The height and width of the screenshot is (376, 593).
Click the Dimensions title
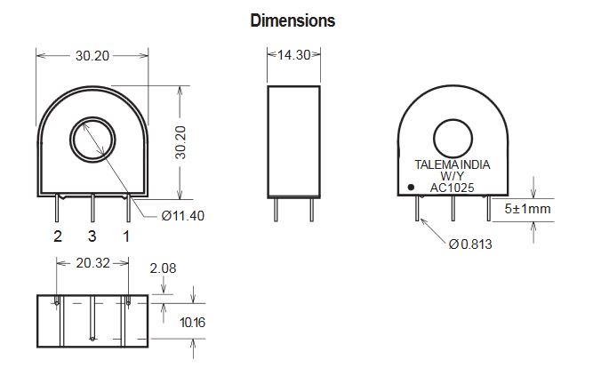click(292, 20)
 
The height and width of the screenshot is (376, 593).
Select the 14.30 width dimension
click(294, 55)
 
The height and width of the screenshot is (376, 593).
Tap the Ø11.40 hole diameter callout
click(182, 216)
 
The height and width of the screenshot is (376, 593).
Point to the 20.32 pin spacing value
click(92, 263)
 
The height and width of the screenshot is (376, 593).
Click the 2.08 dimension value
click(163, 268)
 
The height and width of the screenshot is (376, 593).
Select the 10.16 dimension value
click(192, 323)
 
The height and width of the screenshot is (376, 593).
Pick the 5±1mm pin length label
click(527, 208)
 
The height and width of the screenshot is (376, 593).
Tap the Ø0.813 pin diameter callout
click(470, 244)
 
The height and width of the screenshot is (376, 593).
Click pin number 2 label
click(58, 236)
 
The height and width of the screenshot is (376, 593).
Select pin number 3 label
click(92, 236)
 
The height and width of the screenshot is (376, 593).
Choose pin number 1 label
click(126, 236)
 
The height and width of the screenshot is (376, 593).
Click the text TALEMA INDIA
click(453, 164)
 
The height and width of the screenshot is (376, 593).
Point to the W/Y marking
click(452, 176)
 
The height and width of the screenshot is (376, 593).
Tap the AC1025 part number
click(452, 188)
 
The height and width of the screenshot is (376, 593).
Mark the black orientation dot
click(411, 187)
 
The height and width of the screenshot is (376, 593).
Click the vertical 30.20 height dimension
click(180, 142)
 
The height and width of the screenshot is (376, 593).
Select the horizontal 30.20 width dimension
click(92, 56)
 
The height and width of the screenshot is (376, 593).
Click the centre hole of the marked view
click(453, 139)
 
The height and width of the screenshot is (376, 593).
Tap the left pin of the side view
click(276, 210)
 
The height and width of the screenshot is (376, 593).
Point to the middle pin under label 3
click(92, 208)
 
